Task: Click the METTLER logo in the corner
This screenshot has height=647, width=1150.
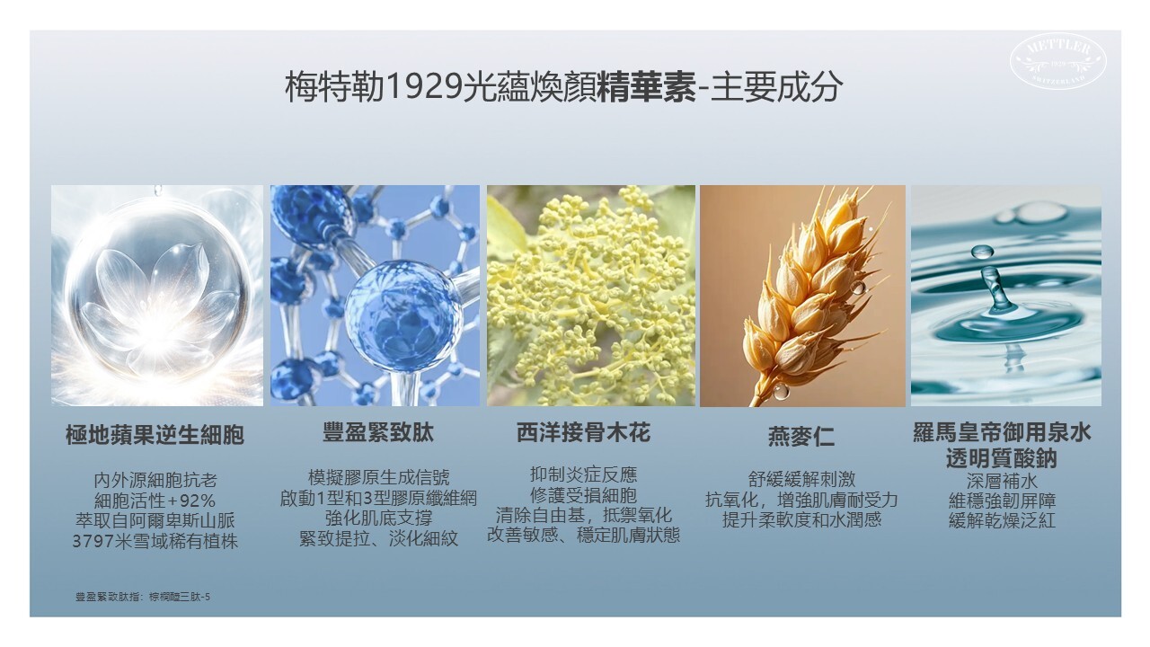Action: coord(1058,62)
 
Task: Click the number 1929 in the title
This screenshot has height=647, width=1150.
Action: coord(426,87)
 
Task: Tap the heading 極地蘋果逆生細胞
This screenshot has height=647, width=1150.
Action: coord(155,437)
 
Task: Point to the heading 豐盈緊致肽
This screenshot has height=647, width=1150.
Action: coord(377,433)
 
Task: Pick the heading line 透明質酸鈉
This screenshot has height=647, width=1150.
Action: coord(1001,458)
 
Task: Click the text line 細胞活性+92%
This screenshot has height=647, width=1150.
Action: coord(155,501)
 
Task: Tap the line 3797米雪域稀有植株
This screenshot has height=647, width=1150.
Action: coord(155,542)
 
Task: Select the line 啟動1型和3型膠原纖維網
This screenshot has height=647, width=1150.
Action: coord(377,498)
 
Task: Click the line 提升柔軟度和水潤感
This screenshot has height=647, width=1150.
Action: coord(801,519)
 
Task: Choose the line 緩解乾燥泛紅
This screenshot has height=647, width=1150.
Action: coord(1001,520)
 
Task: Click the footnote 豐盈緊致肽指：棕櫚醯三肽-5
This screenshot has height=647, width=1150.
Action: coord(143,596)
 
